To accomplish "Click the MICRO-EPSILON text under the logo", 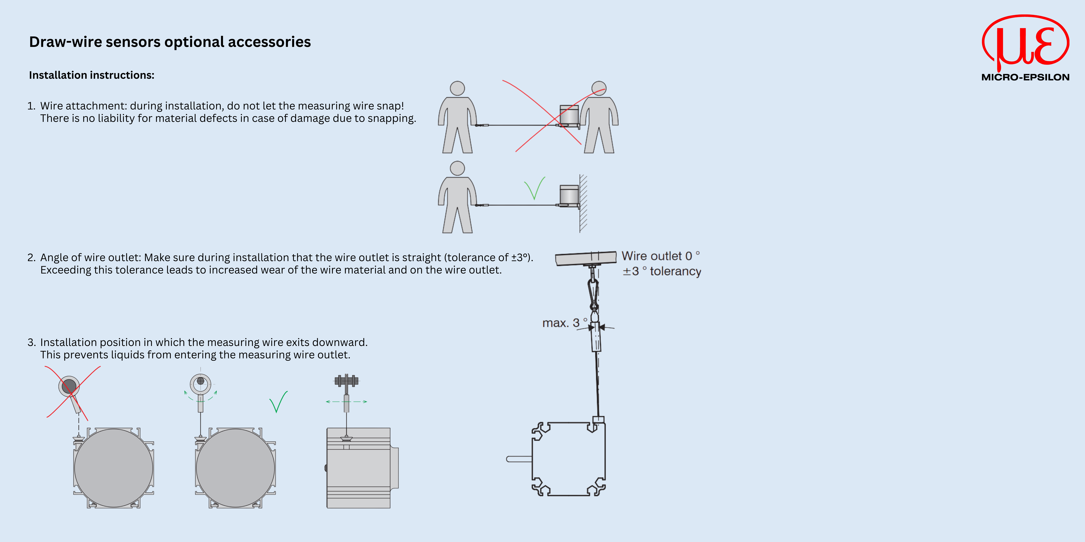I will (x=1025, y=77).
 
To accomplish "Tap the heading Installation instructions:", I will (x=91, y=75).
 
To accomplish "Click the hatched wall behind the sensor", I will (x=583, y=203).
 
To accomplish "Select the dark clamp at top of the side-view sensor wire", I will (x=346, y=381).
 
